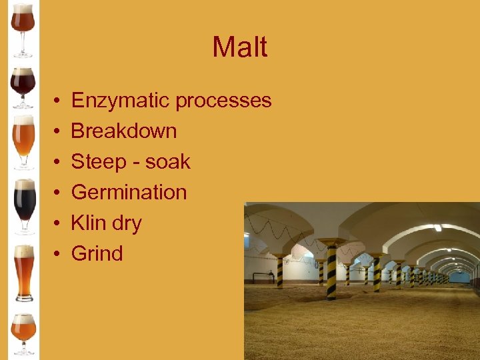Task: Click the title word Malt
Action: point(240,47)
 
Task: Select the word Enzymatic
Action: point(121,101)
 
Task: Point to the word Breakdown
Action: point(124,131)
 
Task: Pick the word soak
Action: point(168,161)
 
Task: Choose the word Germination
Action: point(129,192)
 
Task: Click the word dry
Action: point(127,223)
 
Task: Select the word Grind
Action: point(97,253)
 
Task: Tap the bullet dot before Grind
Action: point(59,254)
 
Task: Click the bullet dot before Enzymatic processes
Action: point(59,101)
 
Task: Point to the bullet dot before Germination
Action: point(59,193)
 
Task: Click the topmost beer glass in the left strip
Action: point(23,27)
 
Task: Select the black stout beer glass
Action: point(25,203)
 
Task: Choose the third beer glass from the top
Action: point(24,141)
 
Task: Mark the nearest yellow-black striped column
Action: point(331,269)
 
